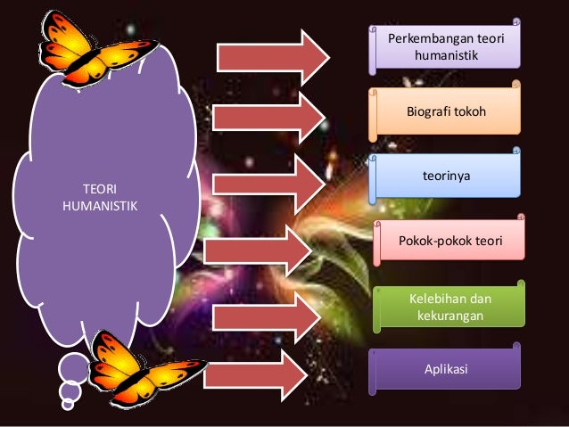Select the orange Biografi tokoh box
[446, 113]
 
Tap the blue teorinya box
[446, 177]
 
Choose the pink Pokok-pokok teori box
[449, 241]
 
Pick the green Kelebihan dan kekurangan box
[449, 307]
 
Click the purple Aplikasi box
[446, 369]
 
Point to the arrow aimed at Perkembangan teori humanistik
[272, 55]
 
